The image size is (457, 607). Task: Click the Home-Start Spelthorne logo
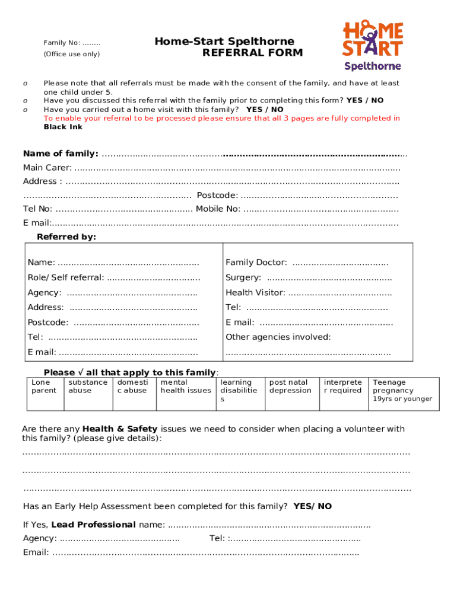[x=373, y=45]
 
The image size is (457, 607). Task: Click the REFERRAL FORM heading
[x=252, y=53]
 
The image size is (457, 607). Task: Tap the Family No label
[x=71, y=43]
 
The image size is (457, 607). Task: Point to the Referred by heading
[x=66, y=237]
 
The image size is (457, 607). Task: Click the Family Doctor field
[x=341, y=263]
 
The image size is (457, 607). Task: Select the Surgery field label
[x=243, y=277]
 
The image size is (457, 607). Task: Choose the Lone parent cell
[x=44, y=393]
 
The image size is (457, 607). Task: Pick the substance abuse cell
[x=88, y=393]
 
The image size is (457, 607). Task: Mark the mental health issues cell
[x=186, y=393]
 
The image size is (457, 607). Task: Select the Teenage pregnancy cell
[x=402, y=393]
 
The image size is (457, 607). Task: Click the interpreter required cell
[x=342, y=393]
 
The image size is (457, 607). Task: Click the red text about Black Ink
[x=221, y=118]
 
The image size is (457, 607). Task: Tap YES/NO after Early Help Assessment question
[x=313, y=506]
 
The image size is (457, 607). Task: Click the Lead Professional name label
[x=108, y=525]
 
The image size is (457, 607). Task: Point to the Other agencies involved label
[x=278, y=337]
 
